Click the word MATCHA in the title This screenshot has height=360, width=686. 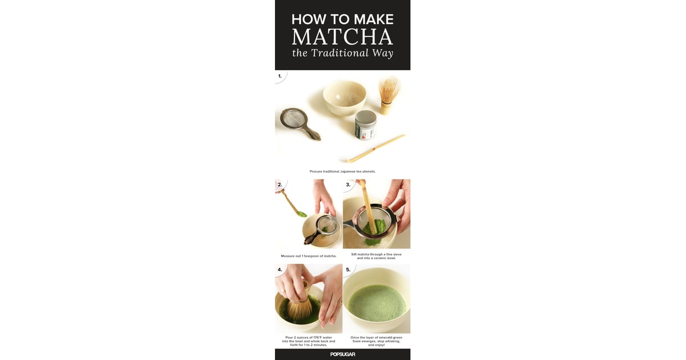coord(342,37)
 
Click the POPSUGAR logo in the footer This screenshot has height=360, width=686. coord(342,354)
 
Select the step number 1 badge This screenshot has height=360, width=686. coord(280,75)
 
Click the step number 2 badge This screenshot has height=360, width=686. coord(280,185)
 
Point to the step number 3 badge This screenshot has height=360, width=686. coord(348,185)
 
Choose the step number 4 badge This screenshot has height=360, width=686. coord(280,269)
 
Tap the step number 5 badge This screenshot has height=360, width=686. coord(348,269)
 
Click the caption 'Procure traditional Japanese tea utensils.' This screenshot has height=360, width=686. coord(342,171)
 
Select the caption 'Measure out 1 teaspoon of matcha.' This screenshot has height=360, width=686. coord(309,255)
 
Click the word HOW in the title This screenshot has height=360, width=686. coord(308,18)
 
